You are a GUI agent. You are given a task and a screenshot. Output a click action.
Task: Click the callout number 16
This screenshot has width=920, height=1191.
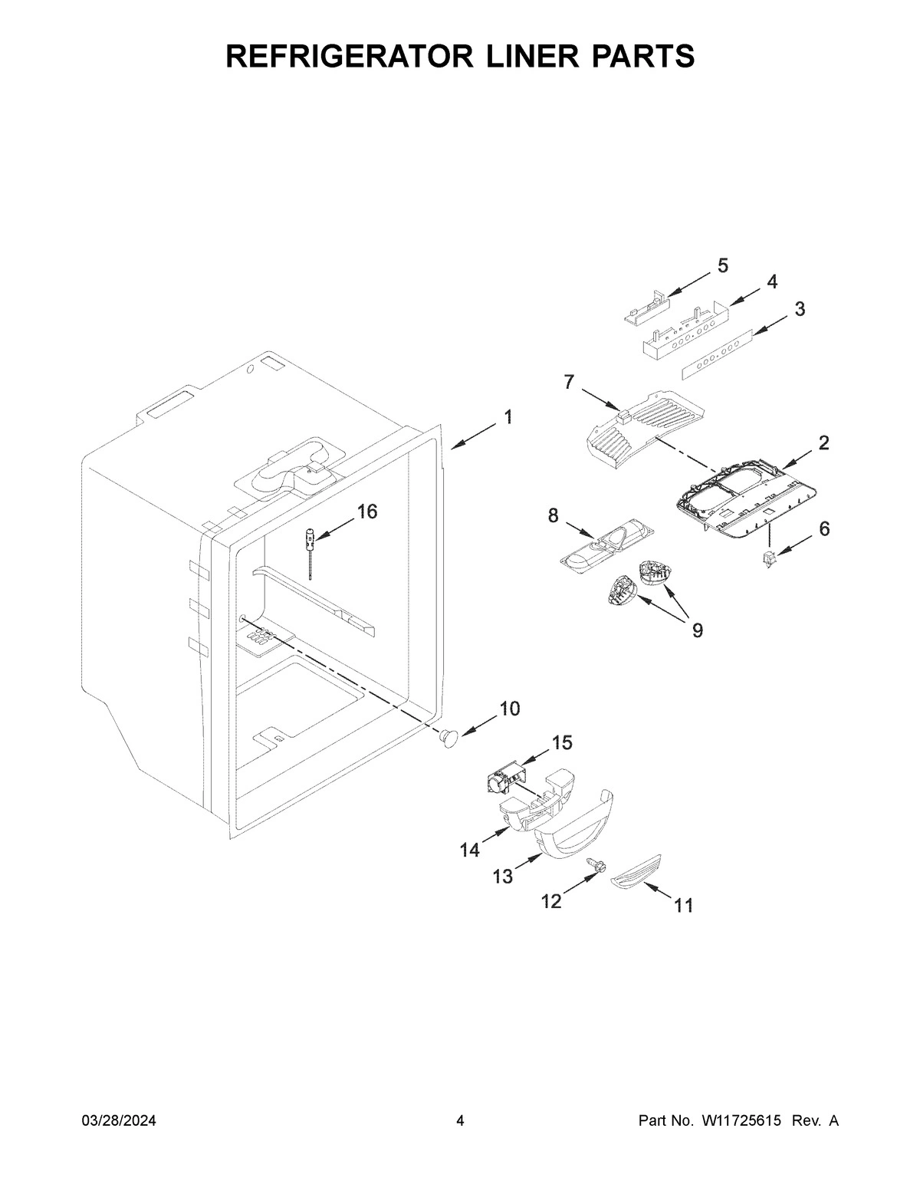(x=367, y=512)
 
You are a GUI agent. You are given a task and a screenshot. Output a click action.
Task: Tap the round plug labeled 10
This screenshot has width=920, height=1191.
(x=447, y=737)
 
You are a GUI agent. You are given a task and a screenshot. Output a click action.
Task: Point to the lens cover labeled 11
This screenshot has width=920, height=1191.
(x=637, y=873)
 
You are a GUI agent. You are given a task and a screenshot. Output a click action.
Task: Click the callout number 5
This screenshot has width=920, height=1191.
(x=722, y=265)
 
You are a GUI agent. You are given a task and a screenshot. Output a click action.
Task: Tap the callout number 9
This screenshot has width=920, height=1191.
(x=697, y=630)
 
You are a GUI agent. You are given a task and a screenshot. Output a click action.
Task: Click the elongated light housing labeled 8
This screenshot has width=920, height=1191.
(x=609, y=541)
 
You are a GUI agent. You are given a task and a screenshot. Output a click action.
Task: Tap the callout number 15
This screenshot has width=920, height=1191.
(x=561, y=742)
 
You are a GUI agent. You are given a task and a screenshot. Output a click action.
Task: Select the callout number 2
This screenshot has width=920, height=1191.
(x=823, y=443)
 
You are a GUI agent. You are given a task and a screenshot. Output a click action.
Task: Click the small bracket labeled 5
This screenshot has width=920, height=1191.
(x=644, y=309)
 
